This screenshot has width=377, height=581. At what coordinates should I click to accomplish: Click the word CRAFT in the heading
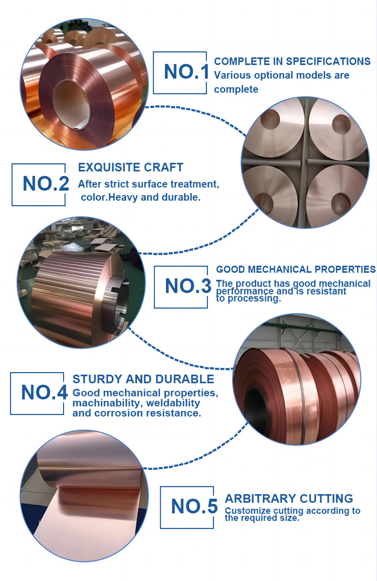click(167, 168)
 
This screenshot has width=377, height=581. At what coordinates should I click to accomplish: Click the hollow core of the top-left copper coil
click(72, 104)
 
